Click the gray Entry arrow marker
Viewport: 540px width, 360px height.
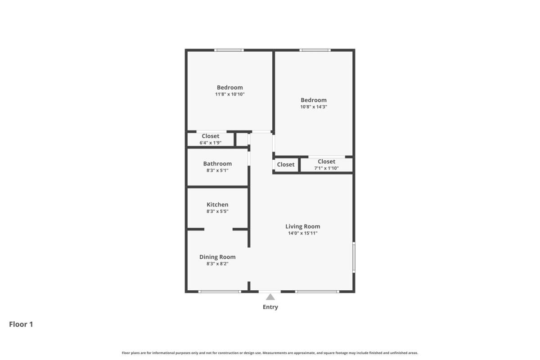tap(270, 297)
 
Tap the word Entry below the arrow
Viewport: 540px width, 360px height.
tap(270, 307)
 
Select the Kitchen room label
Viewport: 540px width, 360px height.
tap(217, 204)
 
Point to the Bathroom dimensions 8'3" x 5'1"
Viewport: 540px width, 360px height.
tap(217, 170)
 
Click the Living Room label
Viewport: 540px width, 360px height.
tap(303, 226)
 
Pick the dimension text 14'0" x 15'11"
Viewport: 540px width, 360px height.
tap(303, 233)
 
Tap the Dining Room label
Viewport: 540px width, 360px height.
tap(217, 257)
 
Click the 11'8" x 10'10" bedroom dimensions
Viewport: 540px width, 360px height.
tap(230, 94)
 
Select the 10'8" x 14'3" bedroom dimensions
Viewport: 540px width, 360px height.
tap(314, 107)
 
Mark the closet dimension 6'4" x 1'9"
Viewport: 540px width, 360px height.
tap(211, 143)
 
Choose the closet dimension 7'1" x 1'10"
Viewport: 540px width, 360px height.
tap(326, 168)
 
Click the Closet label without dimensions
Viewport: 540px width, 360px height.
tap(286, 164)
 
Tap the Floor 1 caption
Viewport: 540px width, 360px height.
tap(21, 324)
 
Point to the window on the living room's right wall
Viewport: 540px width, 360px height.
tap(354, 257)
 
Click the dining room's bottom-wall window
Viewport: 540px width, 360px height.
tap(220, 292)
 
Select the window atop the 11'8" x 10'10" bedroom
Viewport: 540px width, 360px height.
tap(229, 50)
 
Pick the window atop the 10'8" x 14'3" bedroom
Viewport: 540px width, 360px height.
tap(315, 50)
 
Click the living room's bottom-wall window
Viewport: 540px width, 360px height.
tap(317, 292)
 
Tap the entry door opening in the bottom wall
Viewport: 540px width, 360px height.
tap(270, 292)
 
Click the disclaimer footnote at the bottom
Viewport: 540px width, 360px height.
tap(270, 353)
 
